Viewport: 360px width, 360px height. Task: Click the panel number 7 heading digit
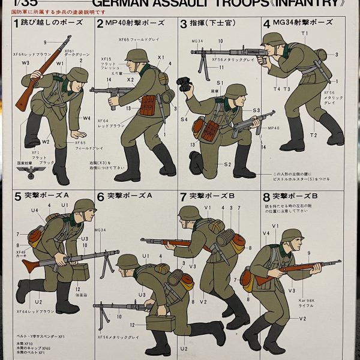[x=183, y=196]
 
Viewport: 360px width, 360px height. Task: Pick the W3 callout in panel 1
[x=25, y=62]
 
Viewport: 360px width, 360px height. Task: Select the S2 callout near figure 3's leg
[x=228, y=163]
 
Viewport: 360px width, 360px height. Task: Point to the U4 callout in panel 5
[x=35, y=210]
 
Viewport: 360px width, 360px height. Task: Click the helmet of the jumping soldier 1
[x=78, y=74]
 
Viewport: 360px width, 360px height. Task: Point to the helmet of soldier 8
[x=292, y=235]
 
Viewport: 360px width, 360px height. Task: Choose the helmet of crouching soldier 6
[x=128, y=261]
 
